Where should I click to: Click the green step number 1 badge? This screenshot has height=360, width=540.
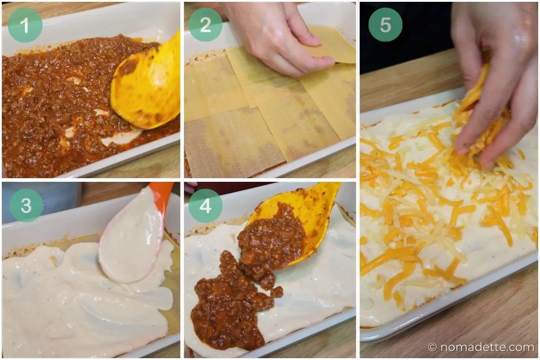coord(25,25)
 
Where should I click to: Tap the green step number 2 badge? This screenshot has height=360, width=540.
coord(205,25)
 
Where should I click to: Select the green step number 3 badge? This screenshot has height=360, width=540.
coord(26,205)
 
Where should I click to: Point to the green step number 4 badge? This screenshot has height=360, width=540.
coord(205,206)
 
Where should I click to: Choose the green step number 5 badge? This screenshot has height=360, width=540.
coord(386,25)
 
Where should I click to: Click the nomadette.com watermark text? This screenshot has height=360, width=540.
coord(487,347)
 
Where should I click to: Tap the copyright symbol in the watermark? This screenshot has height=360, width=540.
coord(432,347)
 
